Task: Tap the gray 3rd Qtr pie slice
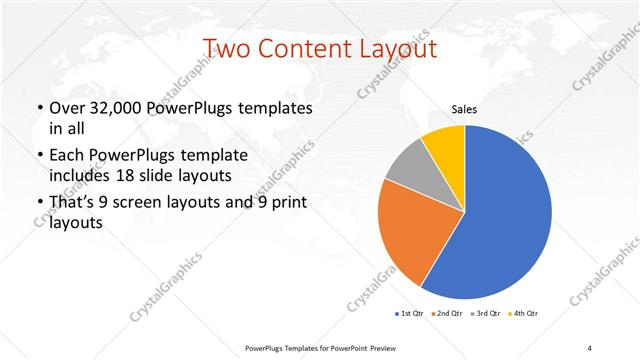coord(409,171)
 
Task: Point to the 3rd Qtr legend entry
coord(484,314)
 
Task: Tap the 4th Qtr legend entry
coord(523,314)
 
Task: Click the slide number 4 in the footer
coord(590,347)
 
